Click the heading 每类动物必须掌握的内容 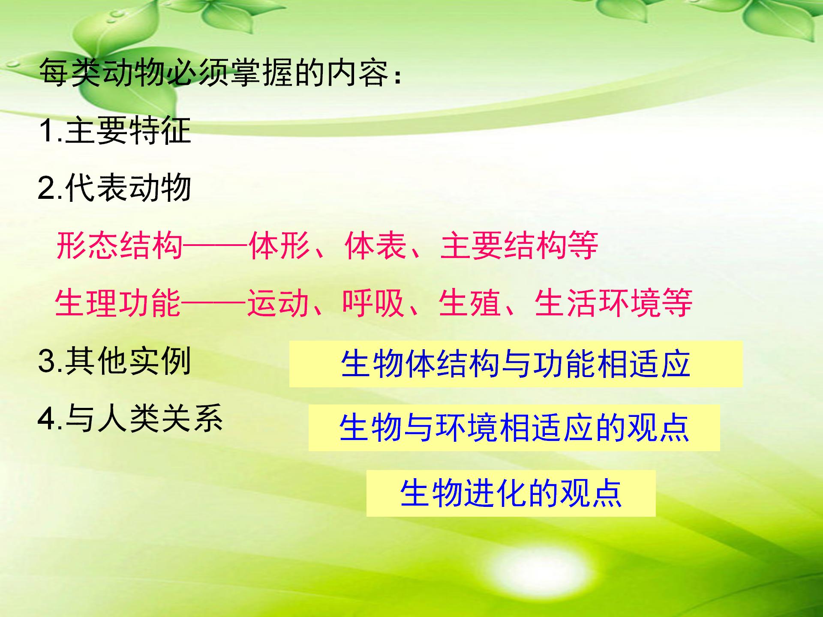[213, 72]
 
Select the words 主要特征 [128, 130]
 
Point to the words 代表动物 [128, 188]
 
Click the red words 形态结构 [119, 246]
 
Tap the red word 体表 [375, 246]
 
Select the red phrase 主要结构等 [519, 246]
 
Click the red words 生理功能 [118, 303]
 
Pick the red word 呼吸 [373, 303]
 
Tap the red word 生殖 [469, 303]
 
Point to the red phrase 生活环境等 [613, 303]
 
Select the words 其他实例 [128, 361]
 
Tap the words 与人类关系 [144, 418]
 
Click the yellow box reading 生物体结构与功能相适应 [516, 364]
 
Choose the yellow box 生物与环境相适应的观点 [514, 428]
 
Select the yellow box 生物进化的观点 [511, 493]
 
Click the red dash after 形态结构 [216, 246]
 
